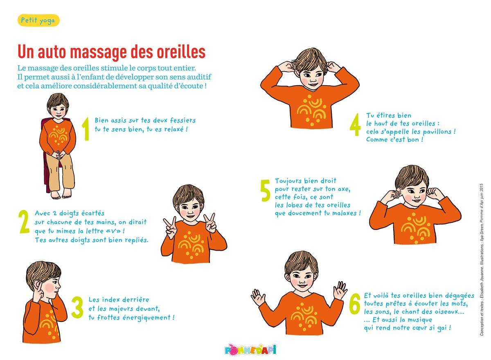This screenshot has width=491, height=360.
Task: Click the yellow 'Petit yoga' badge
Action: [x=38, y=20]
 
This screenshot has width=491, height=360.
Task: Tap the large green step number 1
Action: [x=86, y=129]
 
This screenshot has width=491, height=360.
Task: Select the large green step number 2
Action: [x=24, y=222]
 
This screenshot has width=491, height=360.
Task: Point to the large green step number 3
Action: [x=77, y=307]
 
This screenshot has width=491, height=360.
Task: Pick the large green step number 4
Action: [x=355, y=125]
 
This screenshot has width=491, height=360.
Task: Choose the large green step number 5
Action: [x=266, y=190]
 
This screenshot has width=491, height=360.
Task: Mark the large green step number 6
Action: [x=355, y=304]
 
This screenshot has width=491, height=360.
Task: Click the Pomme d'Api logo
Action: [x=250, y=350]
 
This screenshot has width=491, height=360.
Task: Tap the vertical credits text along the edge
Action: [x=482, y=259]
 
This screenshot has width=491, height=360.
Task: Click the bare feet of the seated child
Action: [x=61, y=195]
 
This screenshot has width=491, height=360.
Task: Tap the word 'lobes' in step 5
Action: [x=296, y=205]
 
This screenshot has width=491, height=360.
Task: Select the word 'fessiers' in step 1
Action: [x=182, y=120]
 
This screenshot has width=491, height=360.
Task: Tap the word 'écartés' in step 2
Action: [x=93, y=213]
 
